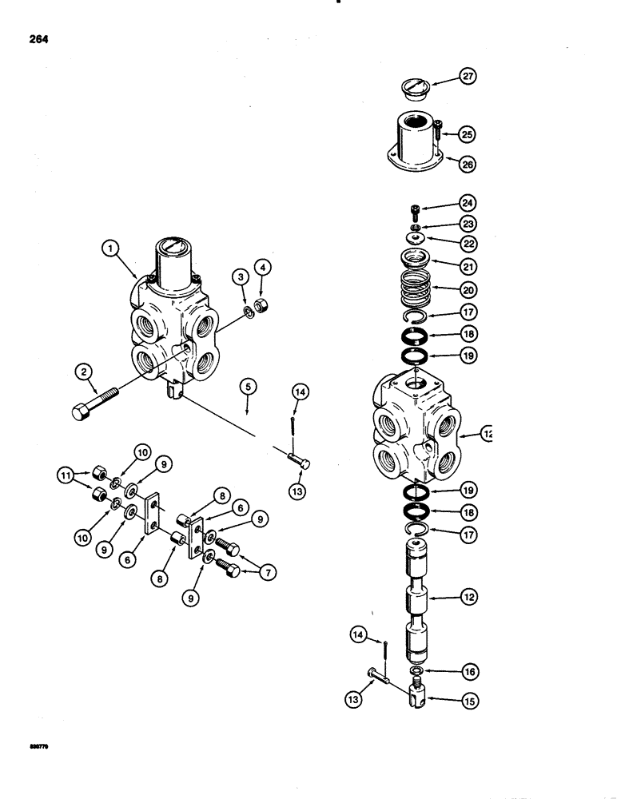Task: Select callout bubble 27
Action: click(x=467, y=78)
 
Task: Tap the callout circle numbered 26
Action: click(x=467, y=163)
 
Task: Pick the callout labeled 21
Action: click(x=467, y=260)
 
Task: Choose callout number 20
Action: click(x=467, y=289)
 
